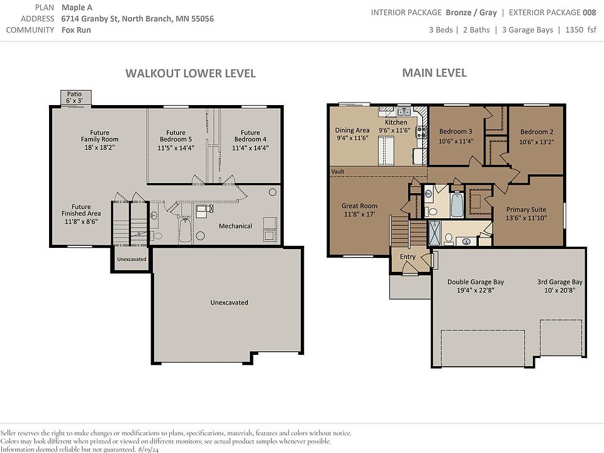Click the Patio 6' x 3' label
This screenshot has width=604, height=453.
74,97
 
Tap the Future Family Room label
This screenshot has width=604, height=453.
99,140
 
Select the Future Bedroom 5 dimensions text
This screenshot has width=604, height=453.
176,148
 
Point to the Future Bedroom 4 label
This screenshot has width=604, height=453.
250,140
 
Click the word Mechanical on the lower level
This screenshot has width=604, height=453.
235,226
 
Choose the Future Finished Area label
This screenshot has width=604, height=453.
81,214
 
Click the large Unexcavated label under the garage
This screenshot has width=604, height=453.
229,303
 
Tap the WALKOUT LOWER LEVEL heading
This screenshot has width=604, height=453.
191,73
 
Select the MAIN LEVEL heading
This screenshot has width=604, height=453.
434,73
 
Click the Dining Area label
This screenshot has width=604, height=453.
352,134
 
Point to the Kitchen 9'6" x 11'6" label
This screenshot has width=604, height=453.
396,126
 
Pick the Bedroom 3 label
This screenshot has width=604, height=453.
456,136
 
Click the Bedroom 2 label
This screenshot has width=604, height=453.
537,137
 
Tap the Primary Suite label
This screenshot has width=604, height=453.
526,214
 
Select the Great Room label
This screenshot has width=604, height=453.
359,210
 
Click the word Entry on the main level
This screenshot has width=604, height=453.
408,257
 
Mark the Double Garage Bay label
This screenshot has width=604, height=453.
476,286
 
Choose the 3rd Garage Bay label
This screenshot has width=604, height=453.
560,286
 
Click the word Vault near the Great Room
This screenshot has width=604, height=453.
338,171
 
